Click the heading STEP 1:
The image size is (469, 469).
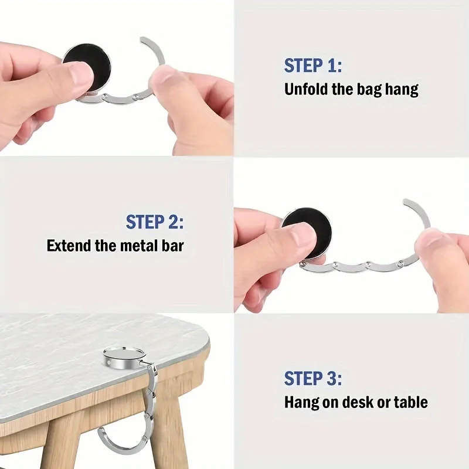(312, 66)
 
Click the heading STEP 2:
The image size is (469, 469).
(155, 222)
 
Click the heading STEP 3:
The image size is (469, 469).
(312, 378)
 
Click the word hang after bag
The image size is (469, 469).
(403, 90)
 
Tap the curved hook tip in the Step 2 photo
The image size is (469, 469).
(408, 203)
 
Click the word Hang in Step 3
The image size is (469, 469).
(301, 402)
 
